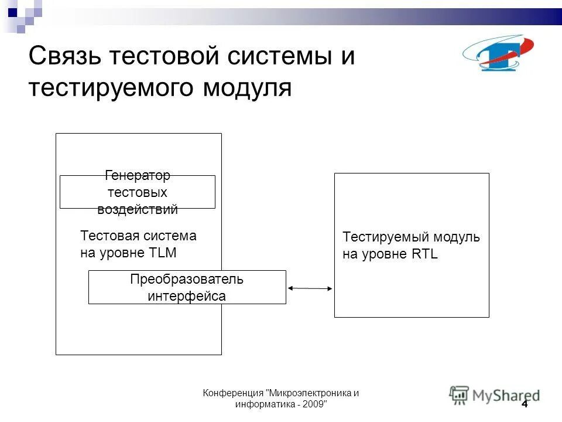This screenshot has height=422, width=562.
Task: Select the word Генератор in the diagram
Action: click(x=138, y=175)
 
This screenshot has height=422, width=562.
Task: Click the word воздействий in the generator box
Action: click(x=138, y=209)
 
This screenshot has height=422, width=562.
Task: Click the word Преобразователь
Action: click(x=187, y=280)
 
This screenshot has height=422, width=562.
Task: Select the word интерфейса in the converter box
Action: click(x=187, y=296)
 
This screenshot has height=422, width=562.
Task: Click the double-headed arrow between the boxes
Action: click(x=310, y=288)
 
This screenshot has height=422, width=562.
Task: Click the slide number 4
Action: click(x=524, y=404)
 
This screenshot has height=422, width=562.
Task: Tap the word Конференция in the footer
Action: click(x=233, y=393)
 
